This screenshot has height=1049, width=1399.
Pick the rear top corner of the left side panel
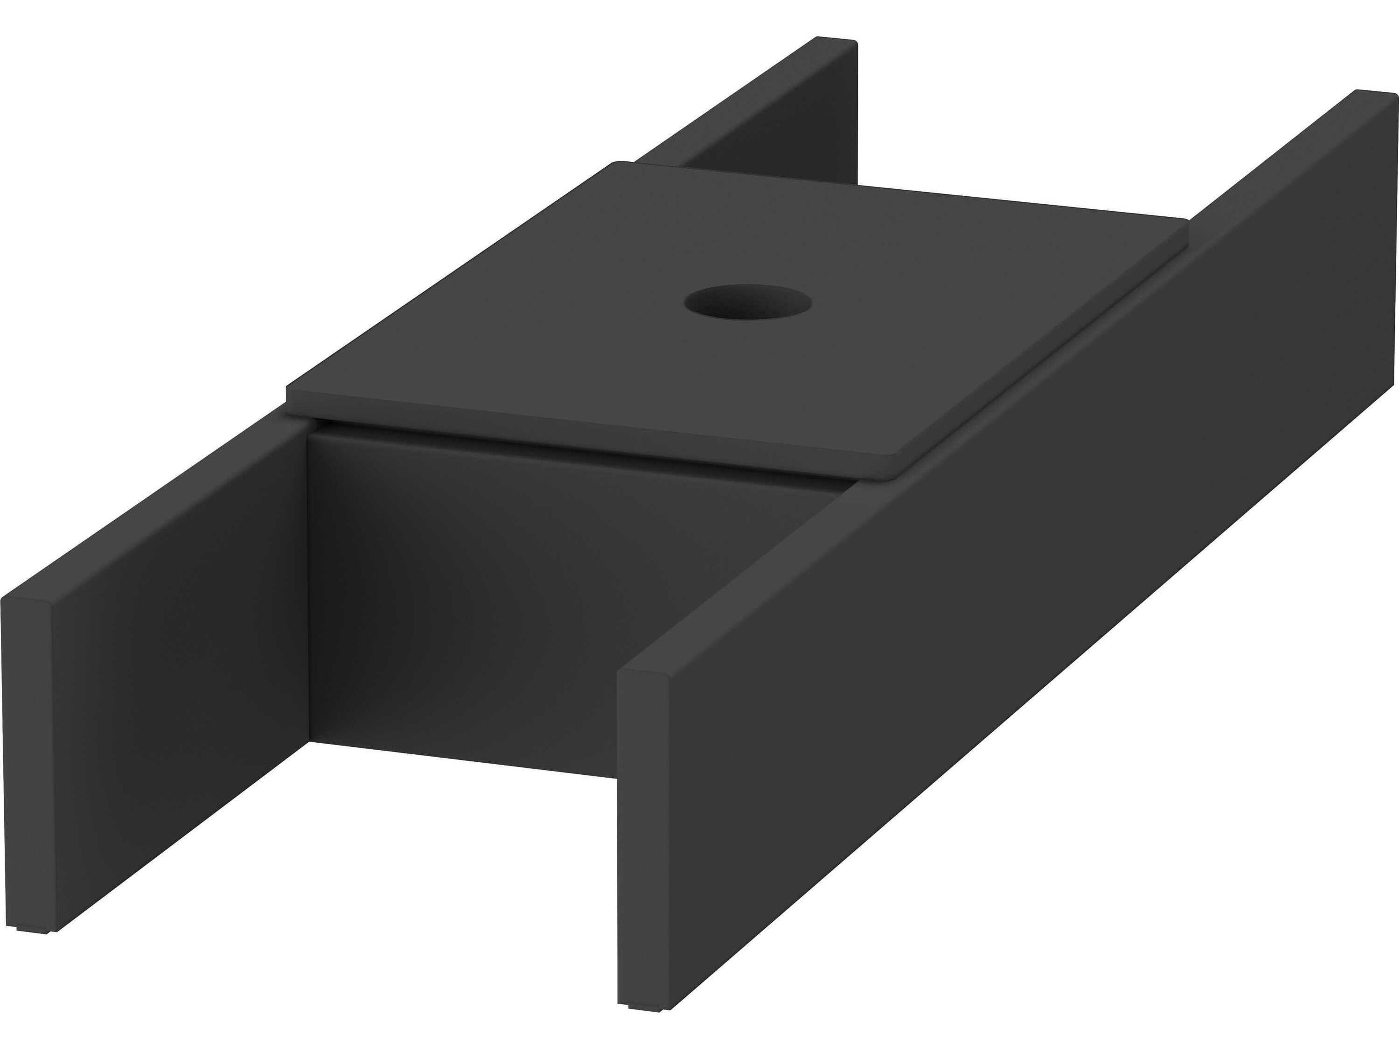[x=847, y=43]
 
